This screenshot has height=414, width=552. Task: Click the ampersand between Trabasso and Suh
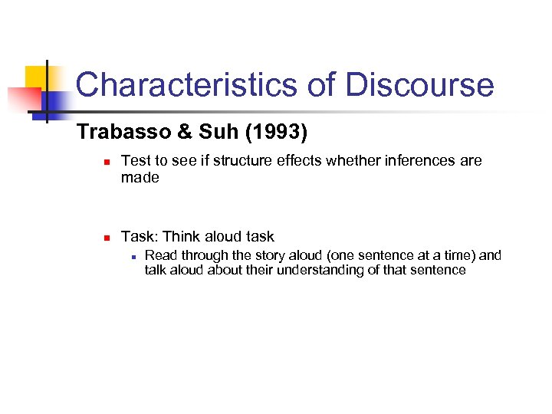184,133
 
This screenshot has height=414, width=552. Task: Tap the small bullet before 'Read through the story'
133,256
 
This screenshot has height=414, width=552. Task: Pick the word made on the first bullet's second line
140,177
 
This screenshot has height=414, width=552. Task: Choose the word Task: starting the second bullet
140,236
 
